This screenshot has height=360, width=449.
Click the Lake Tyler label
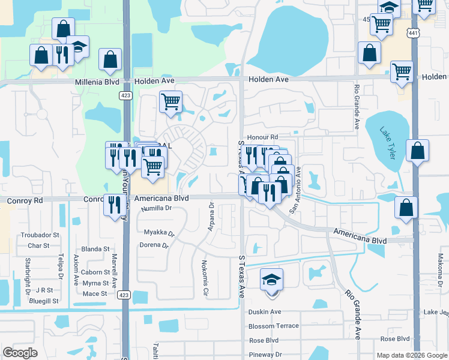pos(388,143)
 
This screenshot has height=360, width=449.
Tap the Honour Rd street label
pos(262,137)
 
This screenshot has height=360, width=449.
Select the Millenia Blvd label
pos(98,82)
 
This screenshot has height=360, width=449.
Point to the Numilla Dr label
pos(157,208)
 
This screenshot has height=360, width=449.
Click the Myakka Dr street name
pos(159,232)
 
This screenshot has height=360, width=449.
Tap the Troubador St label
pos(40,235)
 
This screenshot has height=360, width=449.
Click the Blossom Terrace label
pos(273,326)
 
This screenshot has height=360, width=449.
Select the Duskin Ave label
pos(265,312)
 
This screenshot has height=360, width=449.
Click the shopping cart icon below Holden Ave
pos(171,101)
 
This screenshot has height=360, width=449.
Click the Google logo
pos(20,353)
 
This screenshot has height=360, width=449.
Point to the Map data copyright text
pos(411,355)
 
